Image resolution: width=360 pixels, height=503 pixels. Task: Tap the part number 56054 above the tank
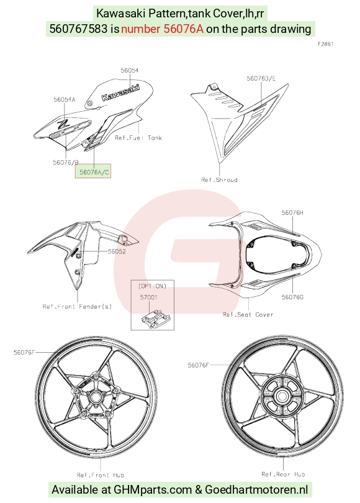tap(130, 70)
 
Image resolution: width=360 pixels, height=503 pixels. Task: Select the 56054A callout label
tap(64, 99)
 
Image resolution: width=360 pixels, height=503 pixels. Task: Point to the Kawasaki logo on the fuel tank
tap(121, 92)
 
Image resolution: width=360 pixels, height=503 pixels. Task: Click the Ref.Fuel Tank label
tap(138, 138)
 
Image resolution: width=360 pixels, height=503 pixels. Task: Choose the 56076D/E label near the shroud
tap(261, 78)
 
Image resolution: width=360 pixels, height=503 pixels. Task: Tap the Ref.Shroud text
tap(219, 179)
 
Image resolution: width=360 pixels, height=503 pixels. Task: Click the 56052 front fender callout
tap(117, 251)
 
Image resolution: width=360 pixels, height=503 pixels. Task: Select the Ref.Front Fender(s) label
tap(77, 306)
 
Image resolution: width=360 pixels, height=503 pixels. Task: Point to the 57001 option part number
tap(149, 297)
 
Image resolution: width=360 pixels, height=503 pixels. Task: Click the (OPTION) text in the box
tap(152, 286)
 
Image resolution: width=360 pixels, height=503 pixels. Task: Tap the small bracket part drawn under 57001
tap(155, 318)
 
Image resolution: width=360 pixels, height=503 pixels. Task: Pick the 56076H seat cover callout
tap(292, 212)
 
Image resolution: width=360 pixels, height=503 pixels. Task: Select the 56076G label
tap(292, 297)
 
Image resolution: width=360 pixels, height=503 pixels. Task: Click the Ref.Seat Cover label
tap(248, 315)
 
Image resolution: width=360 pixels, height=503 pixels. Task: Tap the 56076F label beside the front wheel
tap(24, 352)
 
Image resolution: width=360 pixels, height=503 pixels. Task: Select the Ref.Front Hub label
tap(101, 475)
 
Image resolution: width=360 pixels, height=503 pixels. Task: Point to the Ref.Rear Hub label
tap(283, 474)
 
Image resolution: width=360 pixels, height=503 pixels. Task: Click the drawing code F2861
tap(326, 44)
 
